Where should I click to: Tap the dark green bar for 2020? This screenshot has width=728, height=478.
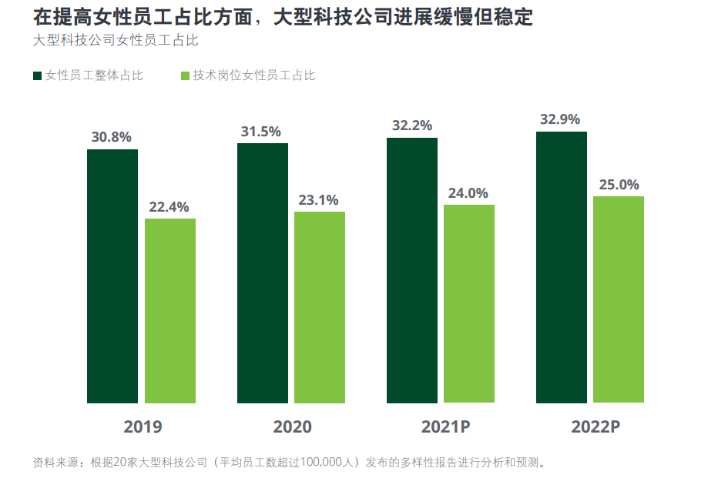click(263, 272)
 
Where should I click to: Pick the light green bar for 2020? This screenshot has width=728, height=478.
click(320, 307)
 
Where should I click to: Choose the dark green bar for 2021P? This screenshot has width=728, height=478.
click(412, 270)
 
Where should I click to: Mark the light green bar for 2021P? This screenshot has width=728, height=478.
click(469, 303)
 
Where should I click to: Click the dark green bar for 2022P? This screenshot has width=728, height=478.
click(562, 267)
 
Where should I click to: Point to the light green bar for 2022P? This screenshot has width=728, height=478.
click(619, 299)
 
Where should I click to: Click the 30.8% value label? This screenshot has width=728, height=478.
click(112, 138)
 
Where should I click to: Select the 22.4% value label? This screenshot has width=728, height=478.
click(169, 207)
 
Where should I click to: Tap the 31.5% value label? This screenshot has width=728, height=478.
click(261, 132)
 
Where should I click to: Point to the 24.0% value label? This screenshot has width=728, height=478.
click(468, 193)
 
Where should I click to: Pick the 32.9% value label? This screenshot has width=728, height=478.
click(560, 119)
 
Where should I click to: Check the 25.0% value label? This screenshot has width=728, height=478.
click(619, 185)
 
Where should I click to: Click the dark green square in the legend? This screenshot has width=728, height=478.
click(37, 75)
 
